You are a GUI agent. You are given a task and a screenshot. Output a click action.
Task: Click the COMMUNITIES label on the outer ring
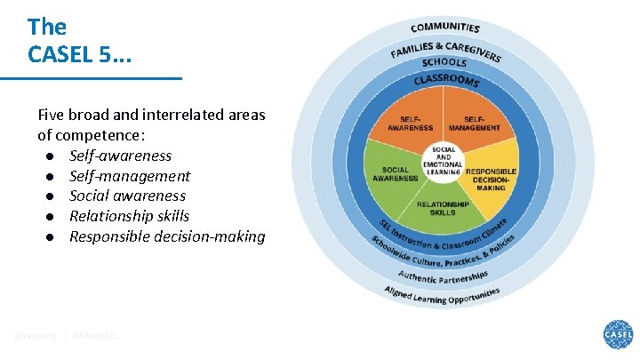[445, 28]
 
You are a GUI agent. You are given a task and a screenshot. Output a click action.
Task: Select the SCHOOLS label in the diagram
[445, 63]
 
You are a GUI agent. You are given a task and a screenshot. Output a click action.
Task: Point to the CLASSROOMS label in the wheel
[445, 80]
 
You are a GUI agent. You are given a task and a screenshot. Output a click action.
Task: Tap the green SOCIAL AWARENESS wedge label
[396, 173]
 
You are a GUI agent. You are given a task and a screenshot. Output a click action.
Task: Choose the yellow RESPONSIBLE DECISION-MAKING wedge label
[491, 178]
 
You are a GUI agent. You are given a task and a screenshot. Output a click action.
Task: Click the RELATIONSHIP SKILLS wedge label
[443, 208]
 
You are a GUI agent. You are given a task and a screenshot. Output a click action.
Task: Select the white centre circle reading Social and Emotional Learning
[444, 160]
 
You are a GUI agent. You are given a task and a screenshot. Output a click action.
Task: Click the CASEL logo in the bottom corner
[617, 336]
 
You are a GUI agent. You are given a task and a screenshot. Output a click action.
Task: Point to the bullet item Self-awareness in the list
[120, 156]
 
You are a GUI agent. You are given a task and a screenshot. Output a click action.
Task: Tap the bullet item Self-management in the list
[130, 176]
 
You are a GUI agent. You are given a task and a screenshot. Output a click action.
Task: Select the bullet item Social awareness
[127, 196]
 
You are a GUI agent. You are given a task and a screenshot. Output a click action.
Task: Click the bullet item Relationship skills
[129, 216]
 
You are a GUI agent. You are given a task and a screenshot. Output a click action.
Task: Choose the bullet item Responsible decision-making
[167, 236]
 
